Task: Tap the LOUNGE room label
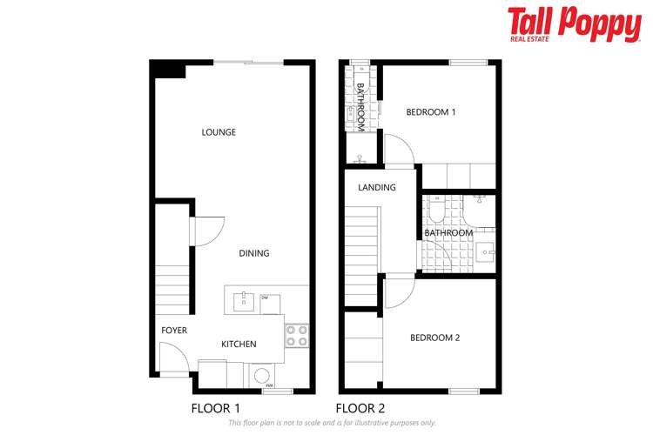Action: pos(219,132)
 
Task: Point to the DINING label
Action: pos(254,253)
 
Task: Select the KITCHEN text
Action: pos(239,345)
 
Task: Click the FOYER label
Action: pos(174,331)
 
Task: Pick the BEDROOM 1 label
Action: pos(431,112)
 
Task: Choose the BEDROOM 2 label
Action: pos(434,338)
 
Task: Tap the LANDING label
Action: pos(377,187)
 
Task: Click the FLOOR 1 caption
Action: pos(215,407)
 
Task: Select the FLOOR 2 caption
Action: pos(360,407)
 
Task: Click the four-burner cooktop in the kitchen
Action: pos(297,335)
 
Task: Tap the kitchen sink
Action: pos(243,303)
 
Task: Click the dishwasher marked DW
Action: pos(269,304)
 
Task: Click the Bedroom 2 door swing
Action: pos(398,293)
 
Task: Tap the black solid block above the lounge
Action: pos(168,70)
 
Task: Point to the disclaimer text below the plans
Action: pos(332,423)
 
